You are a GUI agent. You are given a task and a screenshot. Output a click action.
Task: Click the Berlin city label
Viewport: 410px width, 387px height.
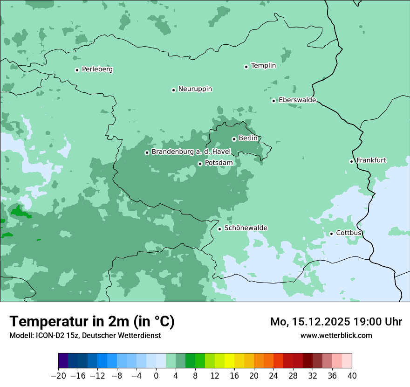click(x=248, y=138)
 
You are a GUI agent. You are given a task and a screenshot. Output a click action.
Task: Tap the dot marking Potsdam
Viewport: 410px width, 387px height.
click(x=200, y=164)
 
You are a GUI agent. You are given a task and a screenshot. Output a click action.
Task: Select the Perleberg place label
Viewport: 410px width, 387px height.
click(x=97, y=69)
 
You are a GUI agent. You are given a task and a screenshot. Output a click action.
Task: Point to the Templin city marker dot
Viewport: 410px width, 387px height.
click(x=246, y=67)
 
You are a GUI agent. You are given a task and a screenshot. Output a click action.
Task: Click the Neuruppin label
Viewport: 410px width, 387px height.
click(x=195, y=89)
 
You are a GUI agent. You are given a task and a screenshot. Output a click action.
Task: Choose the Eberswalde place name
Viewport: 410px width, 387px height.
click(x=297, y=100)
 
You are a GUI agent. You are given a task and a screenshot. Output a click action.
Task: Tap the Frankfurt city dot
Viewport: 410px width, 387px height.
click(x=351, y=161)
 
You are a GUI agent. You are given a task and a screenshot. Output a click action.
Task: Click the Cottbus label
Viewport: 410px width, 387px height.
click(x=348, y=233)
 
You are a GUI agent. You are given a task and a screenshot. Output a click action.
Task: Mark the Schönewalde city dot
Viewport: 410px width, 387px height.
click(x=219, y=229)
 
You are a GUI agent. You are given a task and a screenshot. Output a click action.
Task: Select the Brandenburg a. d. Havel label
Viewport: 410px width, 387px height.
click(x=188, y=152)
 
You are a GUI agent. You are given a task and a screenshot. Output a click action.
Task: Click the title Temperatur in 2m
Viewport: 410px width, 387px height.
click(x=92, y=322)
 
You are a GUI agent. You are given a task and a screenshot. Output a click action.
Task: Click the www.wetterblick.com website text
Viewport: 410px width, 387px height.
click(x=336, y=336)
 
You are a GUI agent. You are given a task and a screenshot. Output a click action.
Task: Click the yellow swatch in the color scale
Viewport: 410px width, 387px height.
click(x=229, y=361)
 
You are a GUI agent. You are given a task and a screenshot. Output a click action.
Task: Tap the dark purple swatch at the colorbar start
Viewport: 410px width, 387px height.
click(x=63, y=361)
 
